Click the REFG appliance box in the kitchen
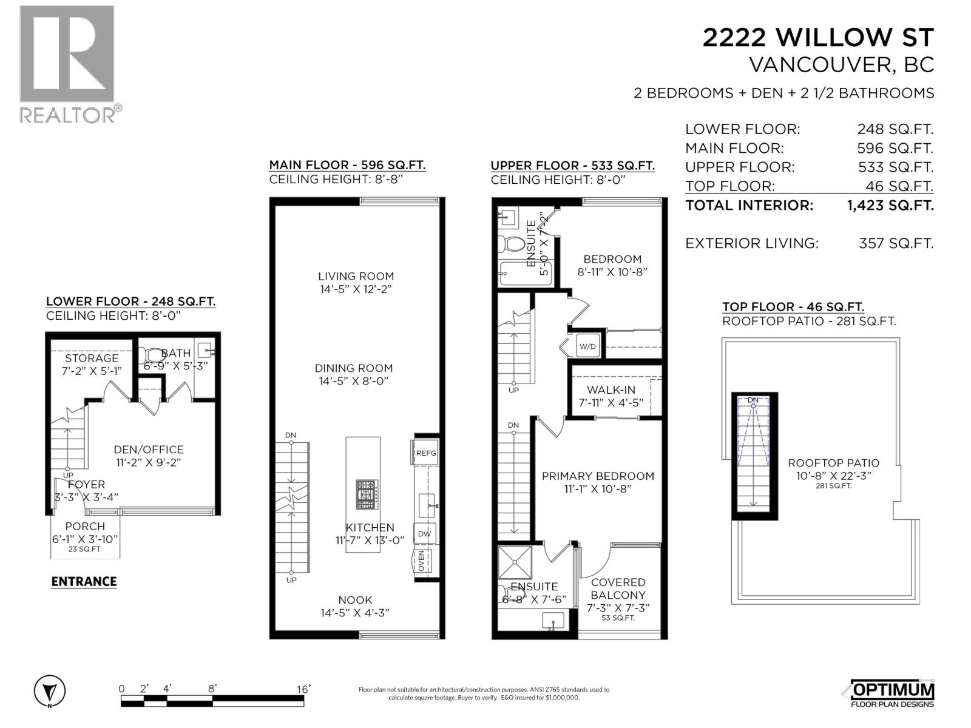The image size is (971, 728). [425, 453]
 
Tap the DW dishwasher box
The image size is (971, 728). [424, 534]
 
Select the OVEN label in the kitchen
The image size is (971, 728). [422, 560]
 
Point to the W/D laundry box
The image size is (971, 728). [587, 347]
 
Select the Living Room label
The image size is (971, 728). [356, 276]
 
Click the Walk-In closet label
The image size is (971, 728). [611, 390]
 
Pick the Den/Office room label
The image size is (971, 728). [149, 450]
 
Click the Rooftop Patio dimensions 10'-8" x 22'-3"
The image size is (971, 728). [833, 476]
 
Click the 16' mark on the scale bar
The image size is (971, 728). [303, 689]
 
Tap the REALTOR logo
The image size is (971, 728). [68, 64]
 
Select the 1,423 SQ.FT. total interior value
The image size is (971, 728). [890, 205]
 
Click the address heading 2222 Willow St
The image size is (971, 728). [817, 38]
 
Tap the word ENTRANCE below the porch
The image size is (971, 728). [84, 581]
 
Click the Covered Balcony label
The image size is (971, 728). [618, 588]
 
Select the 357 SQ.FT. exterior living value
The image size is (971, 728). [896, 243]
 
